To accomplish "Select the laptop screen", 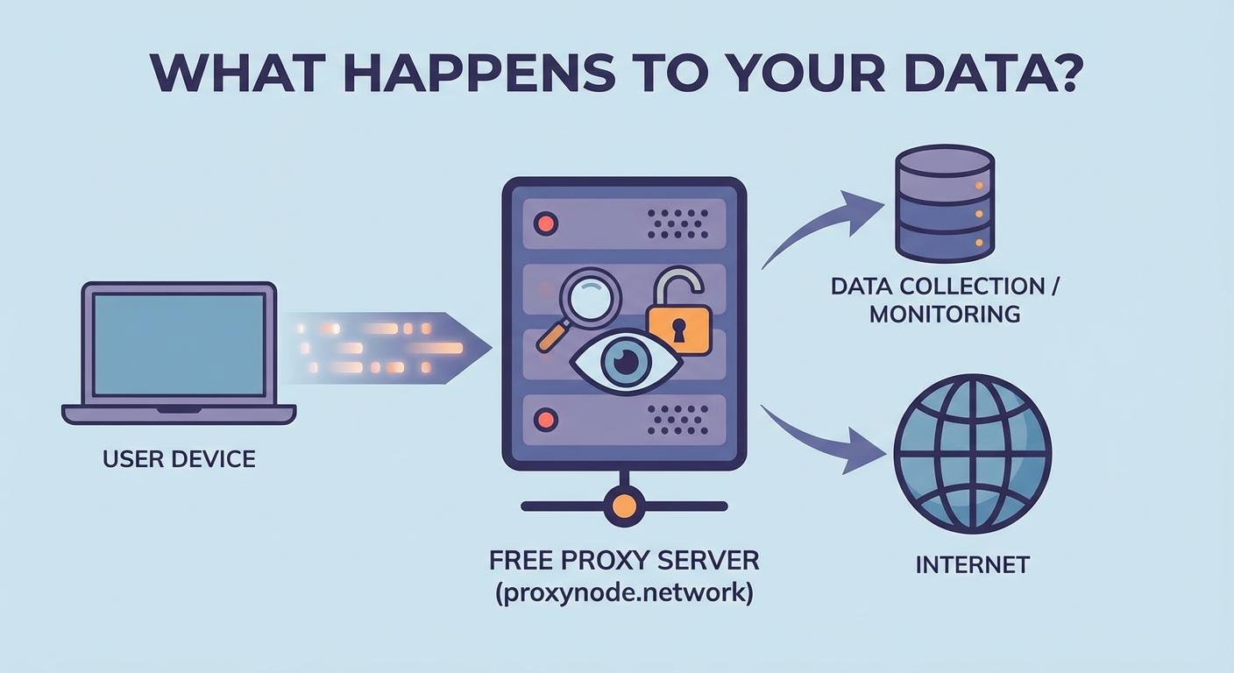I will point(179,344).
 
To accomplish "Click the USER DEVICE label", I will point(179,458).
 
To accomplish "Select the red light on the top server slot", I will point(546,223).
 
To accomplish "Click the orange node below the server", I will point(623,506).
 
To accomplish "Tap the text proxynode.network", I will point(623,592).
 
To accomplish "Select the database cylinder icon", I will point(943,203).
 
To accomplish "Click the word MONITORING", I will point(944,313).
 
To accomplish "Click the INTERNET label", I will point(972,564).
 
